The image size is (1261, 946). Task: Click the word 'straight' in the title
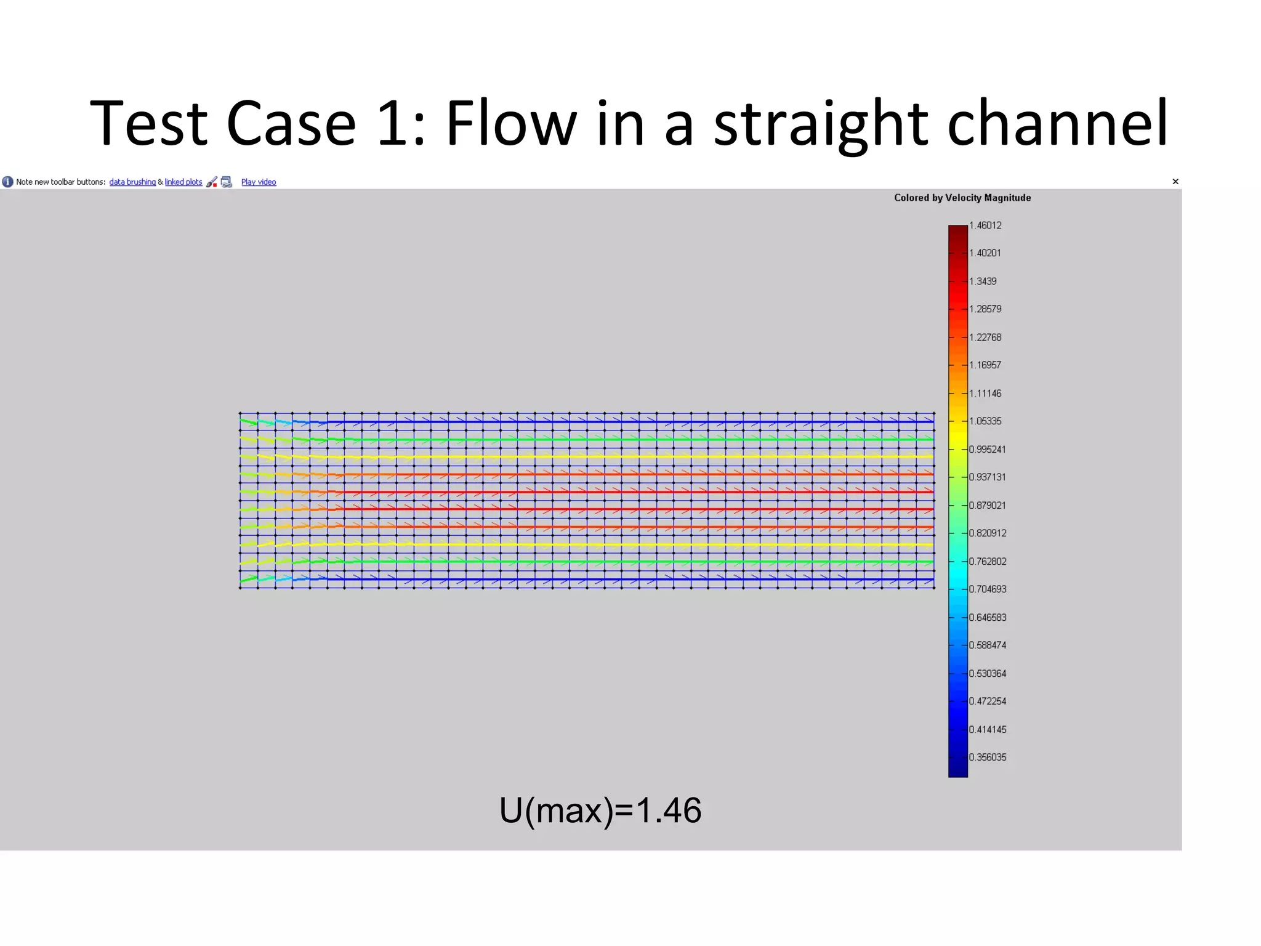(x=820, y=125)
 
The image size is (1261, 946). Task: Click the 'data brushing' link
(x=132, y=182)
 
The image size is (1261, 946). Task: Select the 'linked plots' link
(x=183, y=182)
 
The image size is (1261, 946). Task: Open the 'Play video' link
(x=259, y=182)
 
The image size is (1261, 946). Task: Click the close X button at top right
(x=1175, y=182)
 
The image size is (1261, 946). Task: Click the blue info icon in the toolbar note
(x=7, y=182)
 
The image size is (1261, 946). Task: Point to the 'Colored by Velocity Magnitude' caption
(x=962, y=198)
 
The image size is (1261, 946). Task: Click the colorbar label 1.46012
(x=985, y=225)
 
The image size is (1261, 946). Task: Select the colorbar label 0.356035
(x=988, y=757)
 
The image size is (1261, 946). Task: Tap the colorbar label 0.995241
(x=988, y=449)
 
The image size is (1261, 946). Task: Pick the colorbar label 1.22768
(x=985, y=337)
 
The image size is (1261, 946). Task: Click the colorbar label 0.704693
(x=988, y=589)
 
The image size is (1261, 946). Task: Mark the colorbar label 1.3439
(x=983, y=281)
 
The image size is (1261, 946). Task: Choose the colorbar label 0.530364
(x=988, y=673)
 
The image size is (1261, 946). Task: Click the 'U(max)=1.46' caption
(x=600, y=810)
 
